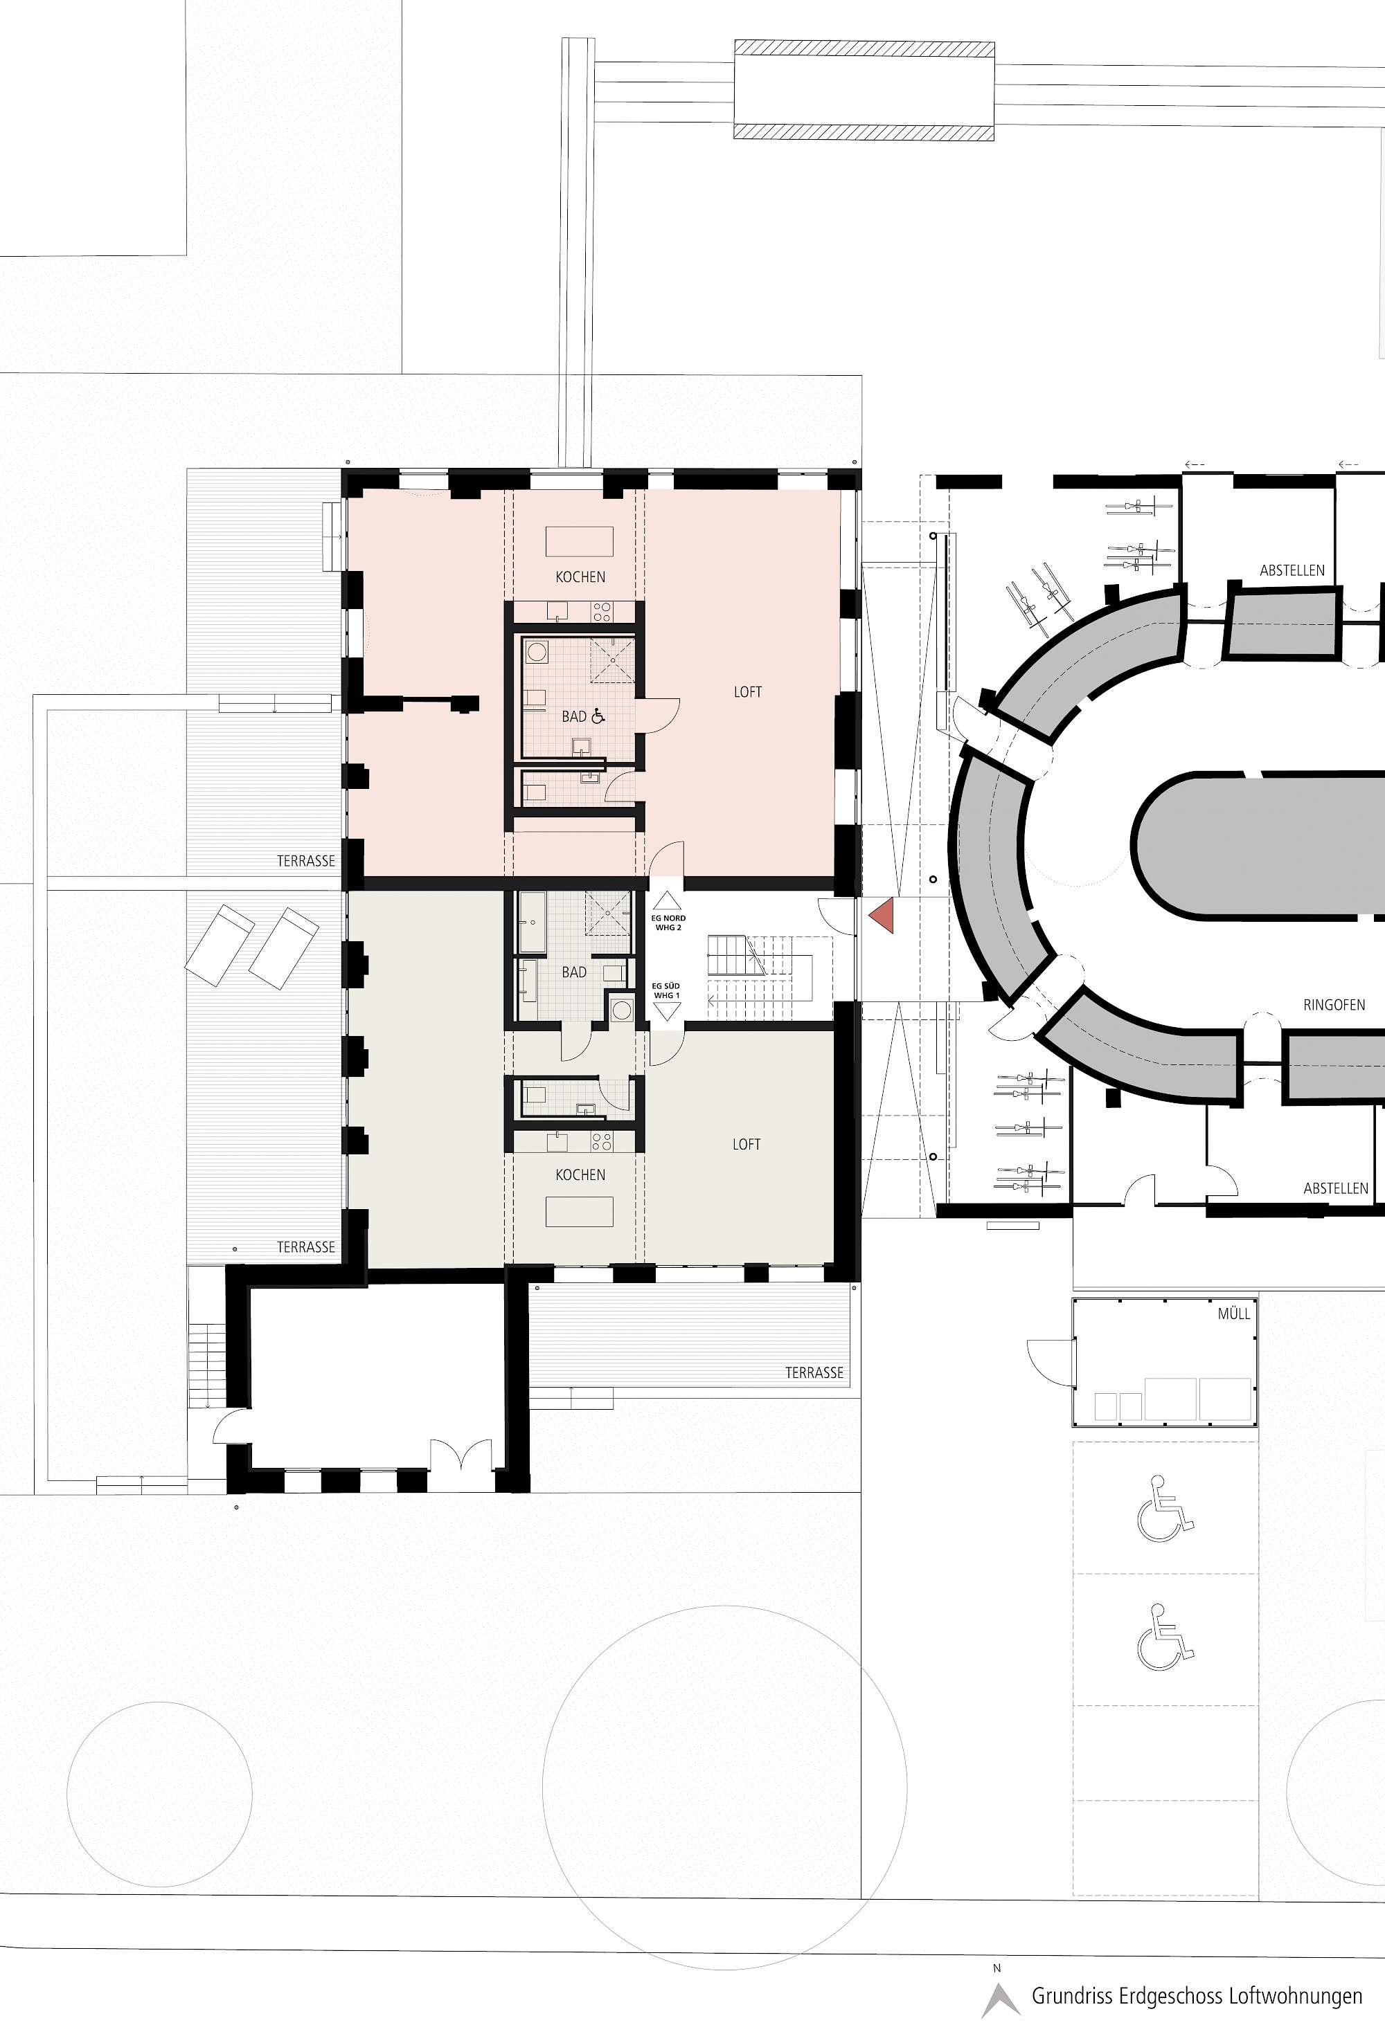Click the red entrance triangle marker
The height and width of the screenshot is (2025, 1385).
click(x=883, y=915)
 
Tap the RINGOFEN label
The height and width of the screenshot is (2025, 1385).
click(x=1334, y=1005)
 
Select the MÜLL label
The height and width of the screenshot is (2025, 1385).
click(x=1234, y=1313)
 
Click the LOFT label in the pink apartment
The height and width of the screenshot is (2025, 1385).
click(x=748, y=692)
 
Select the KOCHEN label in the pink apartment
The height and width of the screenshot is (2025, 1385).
click(x=580, y=576)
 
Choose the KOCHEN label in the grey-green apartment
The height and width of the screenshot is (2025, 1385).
click(x=580, y=1174)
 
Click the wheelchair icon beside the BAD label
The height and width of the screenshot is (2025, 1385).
click(x=598, y=716)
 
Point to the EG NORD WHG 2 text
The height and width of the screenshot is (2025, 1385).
click(x=668, y=923)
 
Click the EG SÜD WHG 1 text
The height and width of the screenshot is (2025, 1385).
click(x=667, y=991)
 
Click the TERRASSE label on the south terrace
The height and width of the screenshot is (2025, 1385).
click(x=814, y=1372)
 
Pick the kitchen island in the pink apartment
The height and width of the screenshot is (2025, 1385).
click(x=580, y=541)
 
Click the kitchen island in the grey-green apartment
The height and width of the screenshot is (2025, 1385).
click(x=580, y=1211)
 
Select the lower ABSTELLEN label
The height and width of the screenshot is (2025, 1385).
click(x=1335, y=1188)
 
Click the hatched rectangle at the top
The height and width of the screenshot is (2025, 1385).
click(x=864, y=91)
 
